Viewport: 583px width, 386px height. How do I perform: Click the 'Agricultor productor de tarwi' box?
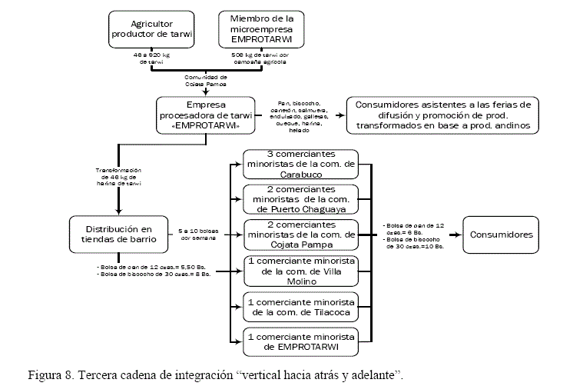coord(151,28)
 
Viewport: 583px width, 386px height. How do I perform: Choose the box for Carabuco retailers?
coord(300,165)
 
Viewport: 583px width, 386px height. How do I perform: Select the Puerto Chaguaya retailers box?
coord(300,199)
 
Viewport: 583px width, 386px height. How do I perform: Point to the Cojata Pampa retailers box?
coord(300,234)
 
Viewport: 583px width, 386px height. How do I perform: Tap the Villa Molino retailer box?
coord(300,270)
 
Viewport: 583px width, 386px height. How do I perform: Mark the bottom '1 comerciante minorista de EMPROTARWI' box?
coord(300,341)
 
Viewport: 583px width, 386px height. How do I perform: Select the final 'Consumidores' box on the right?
coord(501,234)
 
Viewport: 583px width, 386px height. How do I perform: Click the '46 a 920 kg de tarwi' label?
coord(151,59)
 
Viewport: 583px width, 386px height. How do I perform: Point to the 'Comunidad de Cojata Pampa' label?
coord(205,81)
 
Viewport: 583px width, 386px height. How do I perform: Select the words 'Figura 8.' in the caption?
coord(50,375)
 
